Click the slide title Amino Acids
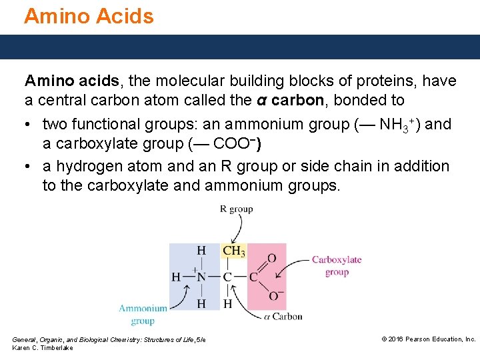[x=89, y=15]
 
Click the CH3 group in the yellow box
[x=233, y=251]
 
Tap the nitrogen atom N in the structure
[x=200, y=277]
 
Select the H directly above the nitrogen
[x=201, y=251]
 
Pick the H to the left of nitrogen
[x=176, y=277]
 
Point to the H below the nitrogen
[x=201, y=303]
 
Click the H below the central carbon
[x=228, y=303]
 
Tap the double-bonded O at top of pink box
[x=271, y=258]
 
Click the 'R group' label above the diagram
[x=236, y=209]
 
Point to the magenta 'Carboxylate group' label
[x=337, y=265]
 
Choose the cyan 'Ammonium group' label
[x=143, y=314]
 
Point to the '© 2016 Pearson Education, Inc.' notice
[x=428, y=339]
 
